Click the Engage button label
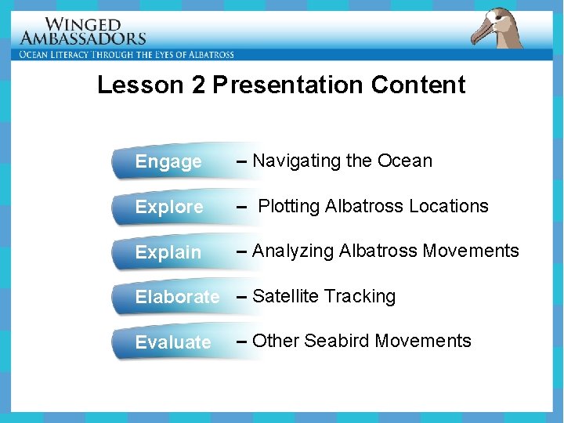click(168, 162)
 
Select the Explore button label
click(169, 208)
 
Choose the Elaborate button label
click(177, 297)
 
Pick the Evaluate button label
click(173, 342)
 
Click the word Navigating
click(297, 161)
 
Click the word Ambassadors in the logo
click(83, 38)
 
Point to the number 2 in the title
click(198, 85)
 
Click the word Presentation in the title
click(287, 85)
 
